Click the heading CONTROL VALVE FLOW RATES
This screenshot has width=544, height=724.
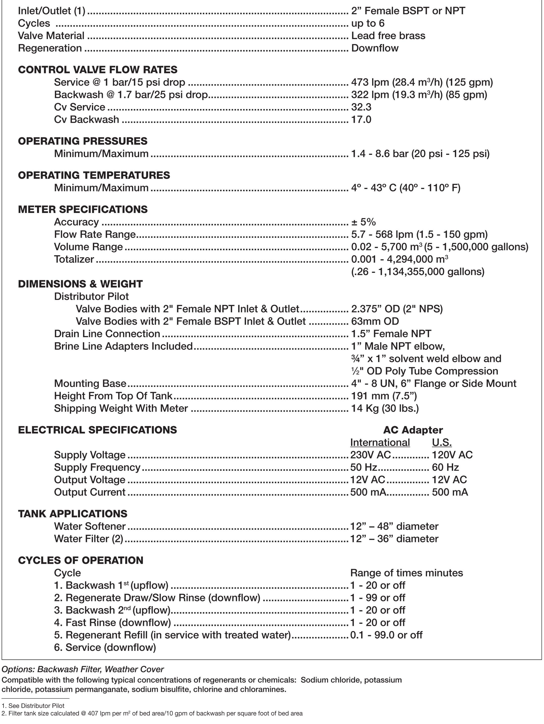click(97, 70)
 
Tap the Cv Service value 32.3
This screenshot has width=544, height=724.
click(361, 107)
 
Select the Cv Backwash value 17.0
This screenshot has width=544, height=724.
click(361, 120)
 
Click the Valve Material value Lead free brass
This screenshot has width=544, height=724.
click(388, 36)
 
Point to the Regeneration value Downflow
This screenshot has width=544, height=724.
click(375, 48)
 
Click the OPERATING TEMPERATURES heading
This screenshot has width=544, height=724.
click(94, 175)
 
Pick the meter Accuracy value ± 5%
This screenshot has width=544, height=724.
click(363, 222)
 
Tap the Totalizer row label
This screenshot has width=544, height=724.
click(74, 259)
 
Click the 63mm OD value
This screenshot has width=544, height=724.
click(375, 321)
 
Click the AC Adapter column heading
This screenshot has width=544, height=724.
click(413, 430)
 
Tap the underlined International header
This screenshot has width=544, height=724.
click(380, 442)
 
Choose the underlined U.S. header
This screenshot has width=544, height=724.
click(441, 442)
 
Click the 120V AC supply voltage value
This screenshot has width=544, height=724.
click(452, 455)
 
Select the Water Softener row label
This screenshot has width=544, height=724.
click(90, 526)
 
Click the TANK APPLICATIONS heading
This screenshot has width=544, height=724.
click(73, 514)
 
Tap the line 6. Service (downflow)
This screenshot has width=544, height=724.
click(105, 647)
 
